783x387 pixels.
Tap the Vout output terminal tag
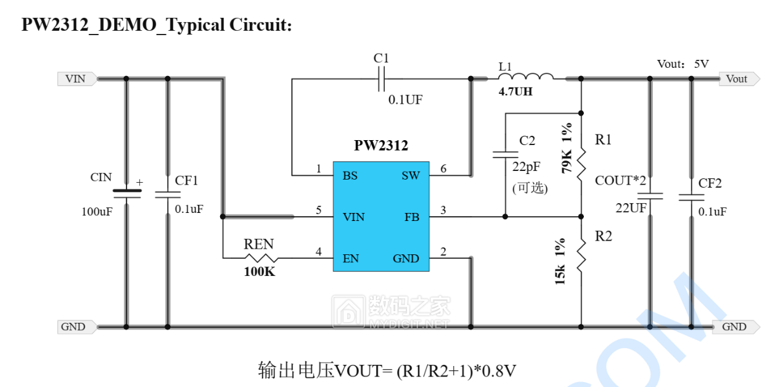click(x=738, y=79)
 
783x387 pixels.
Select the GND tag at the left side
click(x=75, y=327)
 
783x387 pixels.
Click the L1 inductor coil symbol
click(x=525, y=77)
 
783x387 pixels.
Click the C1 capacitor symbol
click(x=381, y=79)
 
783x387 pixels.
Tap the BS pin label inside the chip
click(x=350, y=176)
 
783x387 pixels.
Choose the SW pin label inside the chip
click(x=411, y=176)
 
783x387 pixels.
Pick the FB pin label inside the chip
click(x=412, y=217)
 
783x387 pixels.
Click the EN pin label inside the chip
click(x=350, y=259)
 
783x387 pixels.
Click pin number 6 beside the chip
click(x=443, y=169)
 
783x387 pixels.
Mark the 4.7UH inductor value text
click(x=515, y=92)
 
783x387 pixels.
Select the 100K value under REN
click(x=260, y=272)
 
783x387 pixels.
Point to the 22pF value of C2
click(x=526, y=166)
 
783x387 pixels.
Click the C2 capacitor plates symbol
click(x=505, y=154)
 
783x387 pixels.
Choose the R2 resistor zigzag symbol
click(x=581, y=256)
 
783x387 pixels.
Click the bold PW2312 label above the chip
click(x=381, y=146)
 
